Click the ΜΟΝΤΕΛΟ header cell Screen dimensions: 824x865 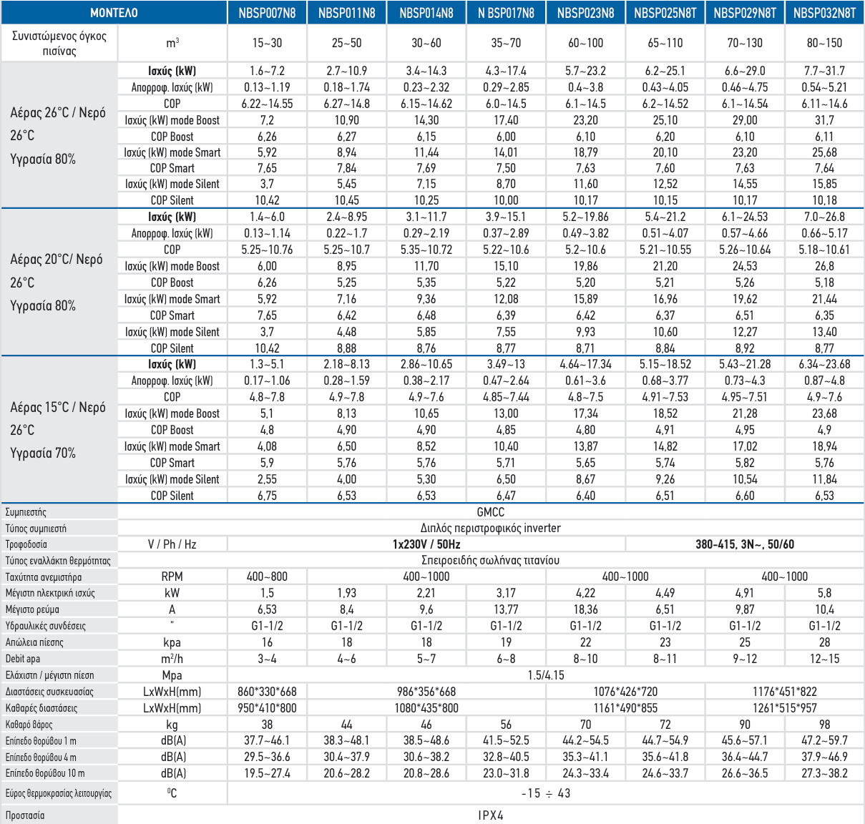(114, 13)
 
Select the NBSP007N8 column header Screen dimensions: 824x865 (267, 13)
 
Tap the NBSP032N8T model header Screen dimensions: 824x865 (824, 13)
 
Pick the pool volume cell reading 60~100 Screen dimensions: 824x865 (585, 43)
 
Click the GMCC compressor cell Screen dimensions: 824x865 (490, 512)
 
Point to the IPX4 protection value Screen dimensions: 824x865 (490, 815)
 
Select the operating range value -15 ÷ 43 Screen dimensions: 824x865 (545, 793)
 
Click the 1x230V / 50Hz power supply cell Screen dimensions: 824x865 (426, 544)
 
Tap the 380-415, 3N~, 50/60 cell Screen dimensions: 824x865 (744, 544)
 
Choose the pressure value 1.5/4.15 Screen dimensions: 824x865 (545, 675)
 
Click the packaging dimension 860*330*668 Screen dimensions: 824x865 (267, 692)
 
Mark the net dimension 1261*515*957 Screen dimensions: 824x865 (784, 708)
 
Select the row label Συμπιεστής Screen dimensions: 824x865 (26, 512)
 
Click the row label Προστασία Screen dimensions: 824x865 (25, 815)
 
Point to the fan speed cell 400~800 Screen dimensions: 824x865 (267, 577)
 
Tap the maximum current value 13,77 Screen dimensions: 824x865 (506, 609)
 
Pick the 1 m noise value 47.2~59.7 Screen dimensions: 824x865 (824, 740)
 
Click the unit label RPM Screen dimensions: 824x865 (172, 577)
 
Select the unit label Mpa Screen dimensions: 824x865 (172, 675)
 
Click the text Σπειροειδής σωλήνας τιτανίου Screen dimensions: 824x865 (490, 560)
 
